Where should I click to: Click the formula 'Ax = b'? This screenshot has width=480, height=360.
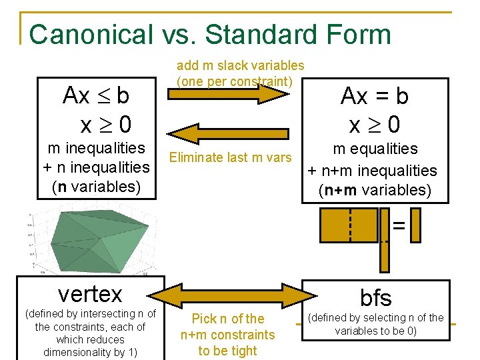point(374,97)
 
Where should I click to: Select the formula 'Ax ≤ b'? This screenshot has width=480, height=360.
point(96,96)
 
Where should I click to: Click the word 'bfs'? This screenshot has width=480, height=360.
point(375,297)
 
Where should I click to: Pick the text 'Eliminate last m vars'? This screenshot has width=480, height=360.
point(231,157)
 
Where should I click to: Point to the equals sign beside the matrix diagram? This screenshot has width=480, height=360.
point(398,226)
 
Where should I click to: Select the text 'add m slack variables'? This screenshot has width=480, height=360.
point(240,65)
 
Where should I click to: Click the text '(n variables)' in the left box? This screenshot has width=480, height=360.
point(96,187)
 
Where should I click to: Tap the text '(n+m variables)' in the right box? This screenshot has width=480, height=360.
point(375,190)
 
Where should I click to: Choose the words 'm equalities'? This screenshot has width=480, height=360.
point(375,149)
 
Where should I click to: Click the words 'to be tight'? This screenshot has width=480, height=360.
point(227,351)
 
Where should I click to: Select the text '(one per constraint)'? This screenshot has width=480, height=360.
point(235,81)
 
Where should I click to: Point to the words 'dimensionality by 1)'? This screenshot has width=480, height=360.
point(90,351)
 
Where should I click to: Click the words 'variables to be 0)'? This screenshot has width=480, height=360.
point(376,331)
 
